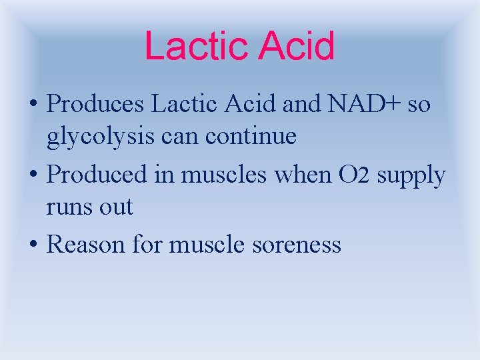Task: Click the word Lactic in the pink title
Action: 195,47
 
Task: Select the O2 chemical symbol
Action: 352,175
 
